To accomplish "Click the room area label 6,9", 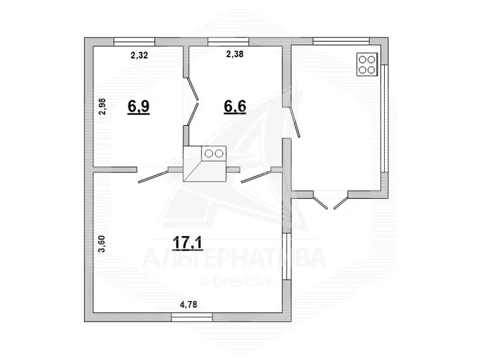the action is (139, 107).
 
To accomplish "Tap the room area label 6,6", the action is (235, 107).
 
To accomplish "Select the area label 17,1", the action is (188, 243).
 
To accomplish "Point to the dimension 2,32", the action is (139, 55).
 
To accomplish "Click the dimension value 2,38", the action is (235, 54).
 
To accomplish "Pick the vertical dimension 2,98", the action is (102, 107).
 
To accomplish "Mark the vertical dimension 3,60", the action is (101, 244).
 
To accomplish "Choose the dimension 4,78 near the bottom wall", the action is (189, 304).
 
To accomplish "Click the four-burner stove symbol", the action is (367, 64).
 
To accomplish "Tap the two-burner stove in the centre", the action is (214, 153).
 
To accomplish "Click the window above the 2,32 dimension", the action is (135, 42).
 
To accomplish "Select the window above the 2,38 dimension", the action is (228, 42).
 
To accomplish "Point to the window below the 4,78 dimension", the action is (192, 318).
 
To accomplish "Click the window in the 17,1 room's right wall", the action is (287, 256).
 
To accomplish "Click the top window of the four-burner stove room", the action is (341, 42).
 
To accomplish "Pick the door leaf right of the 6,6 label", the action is (295, 122).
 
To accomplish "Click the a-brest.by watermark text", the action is (235, 281).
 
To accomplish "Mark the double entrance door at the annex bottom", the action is (330, 201).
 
